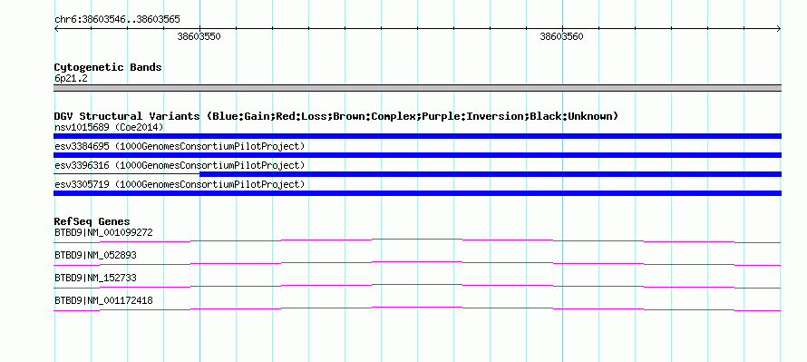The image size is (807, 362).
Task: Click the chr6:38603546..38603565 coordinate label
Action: pyautogui.click(x=117, y=19)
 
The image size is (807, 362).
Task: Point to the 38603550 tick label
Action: pyautogui.click(x=199, y=36)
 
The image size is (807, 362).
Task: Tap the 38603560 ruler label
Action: pyautogui.click(x=561, y=36)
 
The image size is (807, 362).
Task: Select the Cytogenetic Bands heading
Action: pyautogui.click(x=108, y=67)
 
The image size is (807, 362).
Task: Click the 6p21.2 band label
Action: pyautogui.click(x=71, y=78)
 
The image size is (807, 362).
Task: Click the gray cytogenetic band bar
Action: pyautogui.click(x=417, y=88)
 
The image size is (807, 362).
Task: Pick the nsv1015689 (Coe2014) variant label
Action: pyautogui.click(x=109, y=127)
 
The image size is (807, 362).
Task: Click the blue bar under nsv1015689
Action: pyautogui.click(x=417, y=136)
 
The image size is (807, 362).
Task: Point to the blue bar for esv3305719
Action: pyautogui.click(x=417, y=193)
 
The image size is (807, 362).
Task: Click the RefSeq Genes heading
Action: pyautogui.click(x=92, y=221)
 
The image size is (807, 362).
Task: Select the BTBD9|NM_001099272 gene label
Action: pyautogui.click(x=103, y=233)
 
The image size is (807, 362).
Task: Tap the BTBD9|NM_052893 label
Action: pyautogui.click(x=96, y=256)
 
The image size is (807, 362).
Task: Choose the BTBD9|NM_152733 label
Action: pyautogui.click(x=96, y=278)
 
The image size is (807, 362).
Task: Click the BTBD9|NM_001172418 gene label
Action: pyautogui.click(x=103, y=300)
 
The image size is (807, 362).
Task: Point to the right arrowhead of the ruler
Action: pyautogui.click(x=779, y=29)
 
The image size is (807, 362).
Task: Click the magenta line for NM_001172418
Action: pyautogui.click(x=417, y=308)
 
